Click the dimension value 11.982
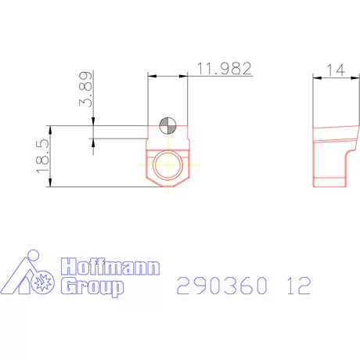224,69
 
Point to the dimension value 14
337,69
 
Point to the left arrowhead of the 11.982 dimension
151,76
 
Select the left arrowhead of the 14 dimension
315,76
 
